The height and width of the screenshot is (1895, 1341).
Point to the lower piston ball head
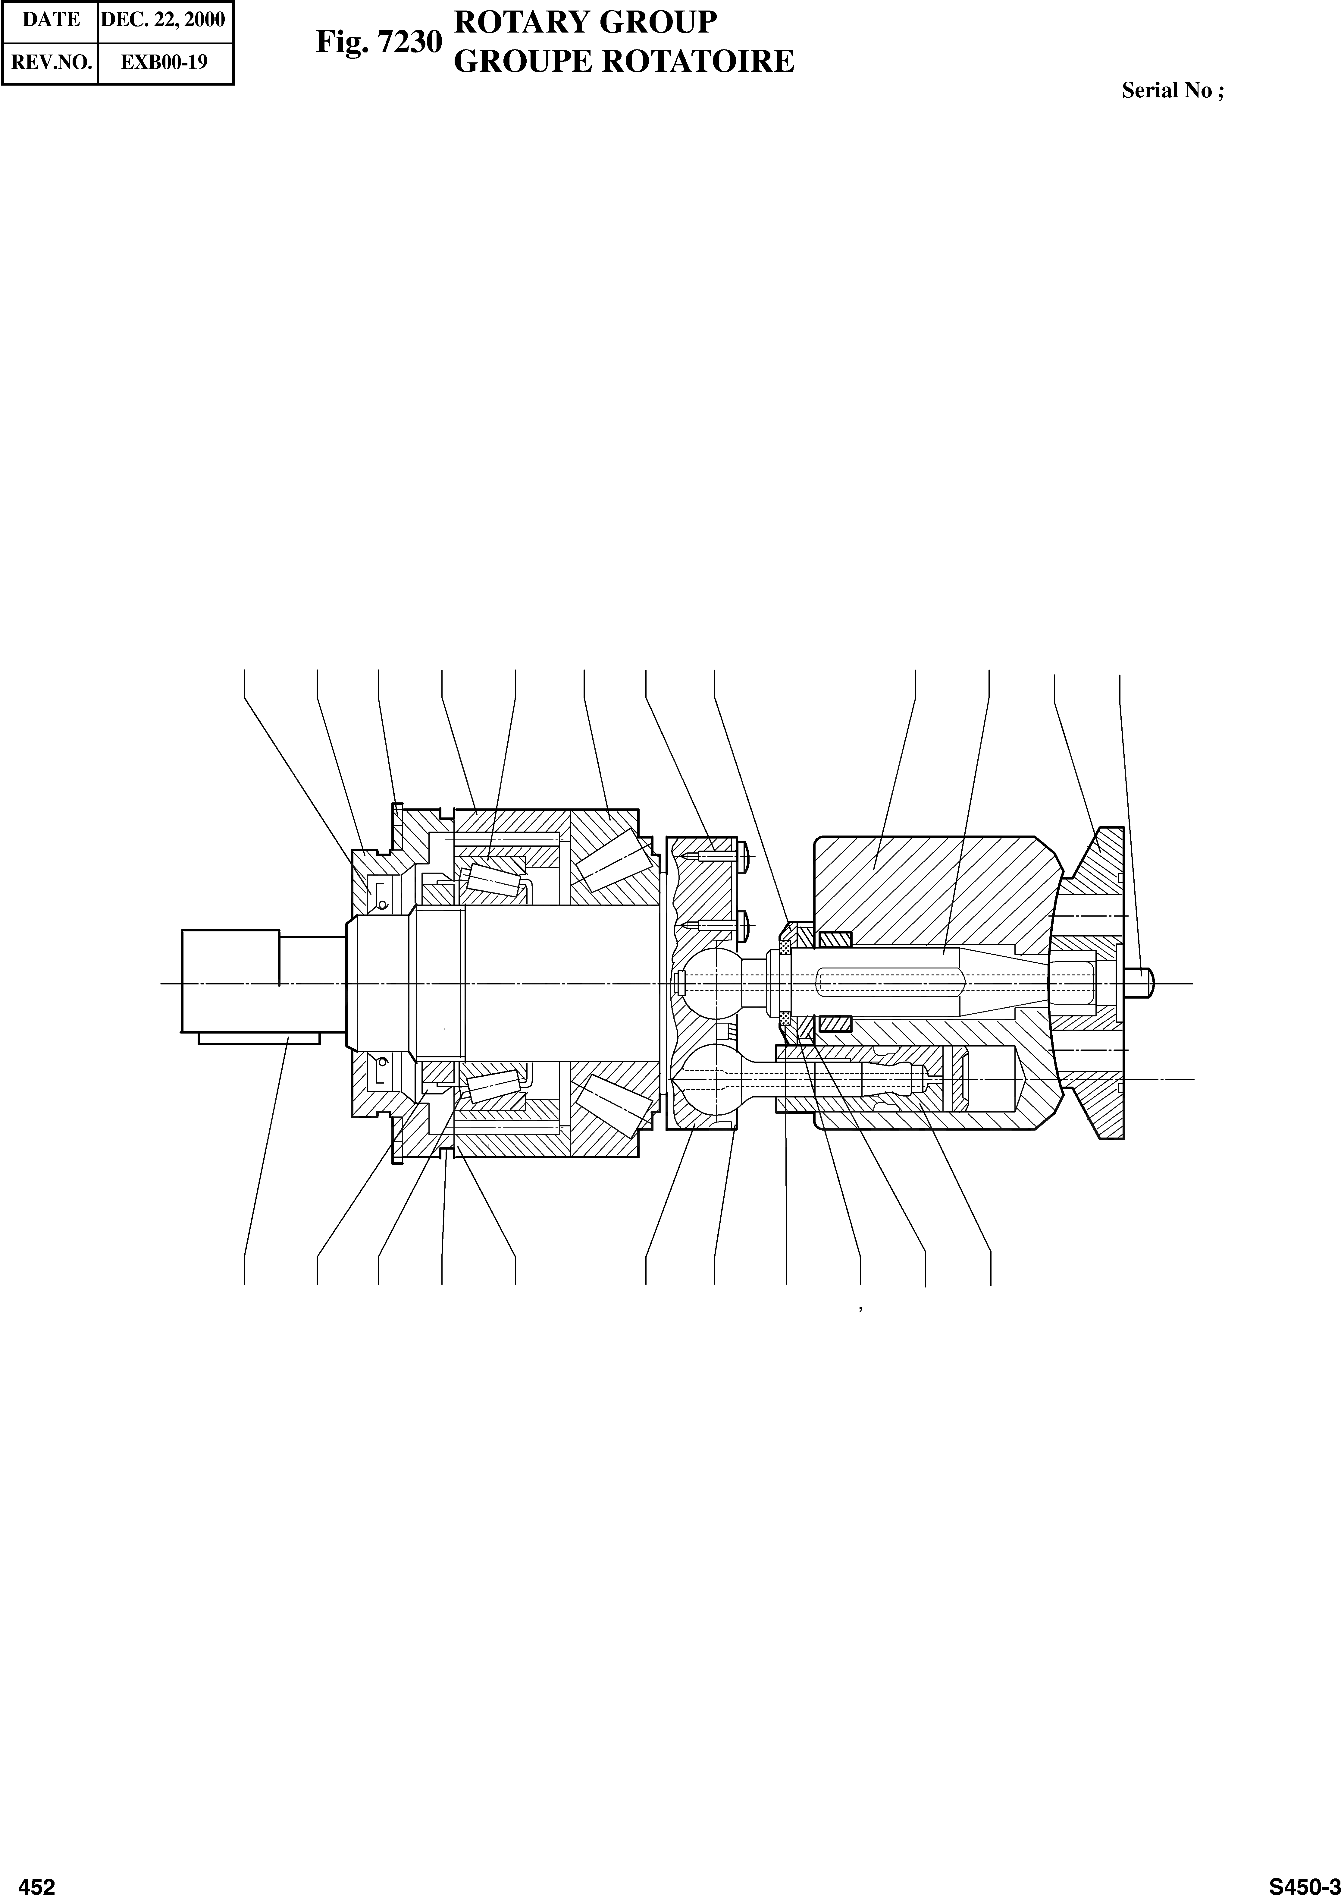click(706, 1079)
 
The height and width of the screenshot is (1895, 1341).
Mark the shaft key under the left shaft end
click(258, 1038)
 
